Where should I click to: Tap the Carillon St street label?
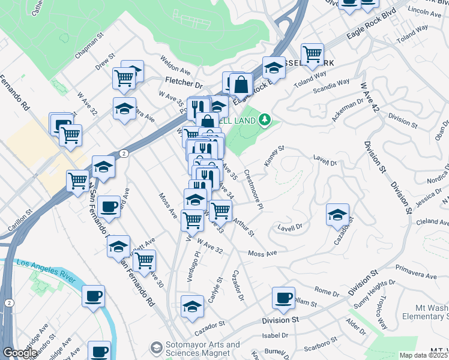pos(19,221)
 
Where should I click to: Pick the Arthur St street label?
pos(243,227)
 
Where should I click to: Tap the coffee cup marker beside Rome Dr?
pos(283,296)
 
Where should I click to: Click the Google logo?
pos(20,353)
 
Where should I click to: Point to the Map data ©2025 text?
pos(423,355)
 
